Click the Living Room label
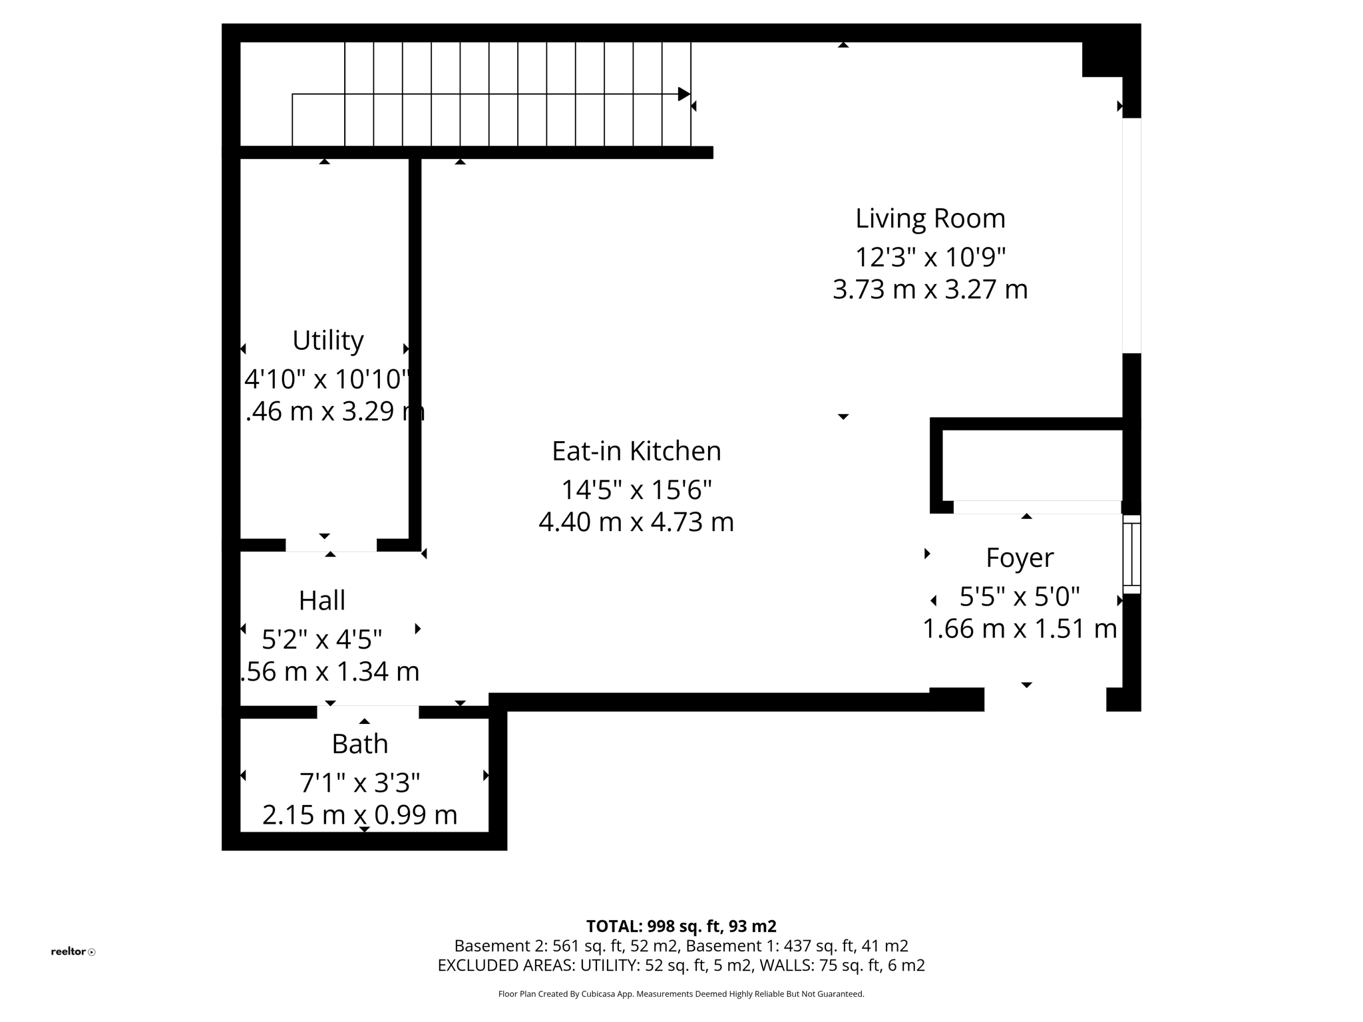coord(930,219)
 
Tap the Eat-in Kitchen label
coord(636,451)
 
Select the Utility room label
coord(327,341)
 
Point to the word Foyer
coord(1020,558)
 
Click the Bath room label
coord(359,744)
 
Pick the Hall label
coord(321,601)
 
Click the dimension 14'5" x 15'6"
coord(636,490)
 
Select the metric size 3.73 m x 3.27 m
coord(930,289)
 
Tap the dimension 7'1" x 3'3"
coord(359,783)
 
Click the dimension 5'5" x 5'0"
coord(1020,597)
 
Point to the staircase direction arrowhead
coord(683,94)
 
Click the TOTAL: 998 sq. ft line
coord(681,926)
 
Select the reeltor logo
coord(73,951)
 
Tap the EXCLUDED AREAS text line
coord(681,965)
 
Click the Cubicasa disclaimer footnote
coord(681,994)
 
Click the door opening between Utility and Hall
coord(331,546)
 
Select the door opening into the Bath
coord(367,712)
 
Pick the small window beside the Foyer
coord(1131,554)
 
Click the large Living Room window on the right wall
coord(1131,236)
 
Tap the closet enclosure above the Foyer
coord(1032,466)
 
